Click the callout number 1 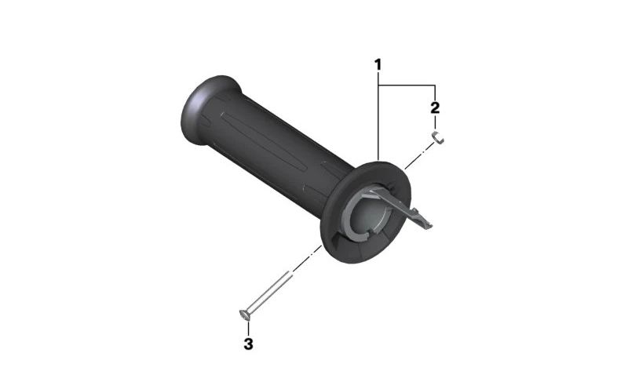[x=378, y=64]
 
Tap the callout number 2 [x=435, y=107]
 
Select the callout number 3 [x=248, y=344]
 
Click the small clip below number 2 [x=438, y=137]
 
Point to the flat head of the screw [x=244, y=315]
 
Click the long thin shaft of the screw [x=269, y=292]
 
